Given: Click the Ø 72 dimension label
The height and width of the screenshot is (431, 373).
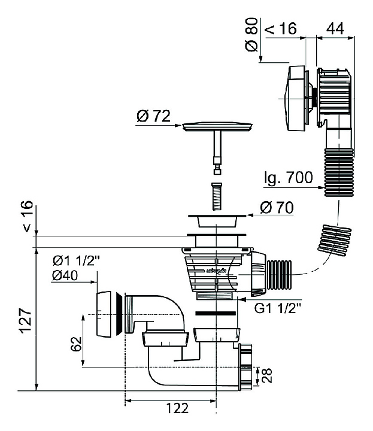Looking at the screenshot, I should click(x=152, y=116).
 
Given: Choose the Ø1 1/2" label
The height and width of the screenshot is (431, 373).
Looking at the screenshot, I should click(x=75, y=260).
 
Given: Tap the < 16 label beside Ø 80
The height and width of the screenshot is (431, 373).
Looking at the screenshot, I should click(x=280, y=28).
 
